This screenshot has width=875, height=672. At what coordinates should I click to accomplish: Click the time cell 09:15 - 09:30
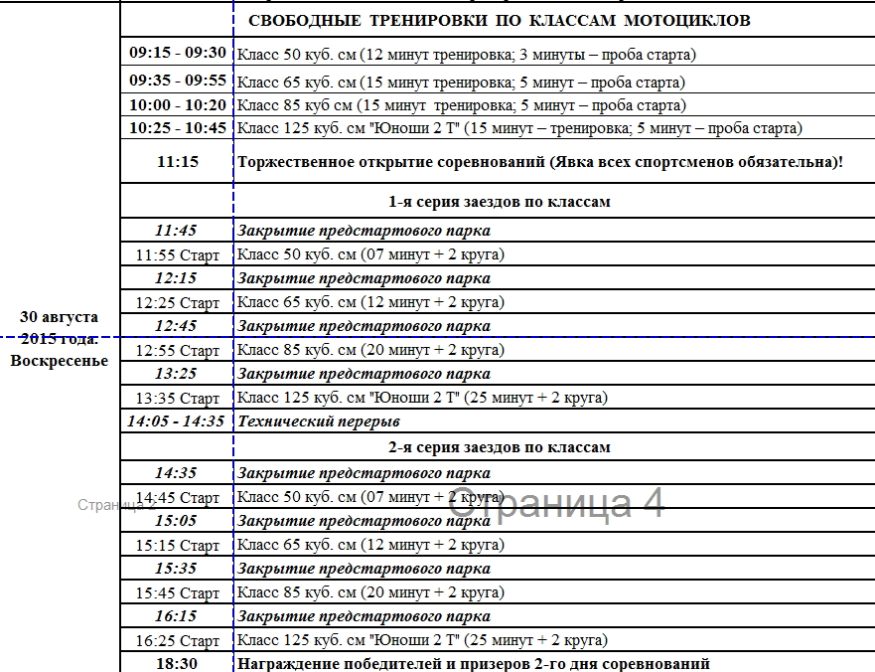point(178,53)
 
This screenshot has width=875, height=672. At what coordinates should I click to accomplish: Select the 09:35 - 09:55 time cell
point(178,81)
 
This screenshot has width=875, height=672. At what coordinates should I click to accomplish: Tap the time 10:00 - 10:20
point(178,104)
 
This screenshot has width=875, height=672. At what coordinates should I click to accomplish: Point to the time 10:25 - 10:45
point(178,128)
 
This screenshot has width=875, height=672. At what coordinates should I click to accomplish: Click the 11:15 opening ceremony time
point(178,161)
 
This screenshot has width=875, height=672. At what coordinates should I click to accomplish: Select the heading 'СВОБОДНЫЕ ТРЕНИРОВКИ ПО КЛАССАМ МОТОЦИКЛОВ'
point(499,21)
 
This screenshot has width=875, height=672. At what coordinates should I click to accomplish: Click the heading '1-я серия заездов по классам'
point(499,202)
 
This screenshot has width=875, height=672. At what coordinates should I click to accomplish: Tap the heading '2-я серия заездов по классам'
point(499,447)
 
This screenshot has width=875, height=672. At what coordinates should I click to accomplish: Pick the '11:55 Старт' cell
point(178,255)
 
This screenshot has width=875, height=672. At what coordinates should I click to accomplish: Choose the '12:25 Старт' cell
point(178,303)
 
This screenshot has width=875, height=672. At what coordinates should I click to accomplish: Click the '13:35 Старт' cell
point(178,399)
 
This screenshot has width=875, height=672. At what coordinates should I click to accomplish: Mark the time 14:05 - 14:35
point(176,421)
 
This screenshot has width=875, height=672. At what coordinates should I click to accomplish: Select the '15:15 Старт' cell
point(178,546)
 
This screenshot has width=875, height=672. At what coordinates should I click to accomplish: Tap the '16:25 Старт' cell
point(178,641)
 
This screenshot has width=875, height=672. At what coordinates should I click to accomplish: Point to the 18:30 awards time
point(177,663)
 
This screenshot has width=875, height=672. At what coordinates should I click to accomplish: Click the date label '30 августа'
point(60,317)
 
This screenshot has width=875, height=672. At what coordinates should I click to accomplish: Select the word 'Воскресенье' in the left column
point(60,360)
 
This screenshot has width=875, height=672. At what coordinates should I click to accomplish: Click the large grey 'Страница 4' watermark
point(555,503)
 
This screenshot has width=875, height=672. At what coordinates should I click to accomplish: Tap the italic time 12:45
point(176,326)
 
